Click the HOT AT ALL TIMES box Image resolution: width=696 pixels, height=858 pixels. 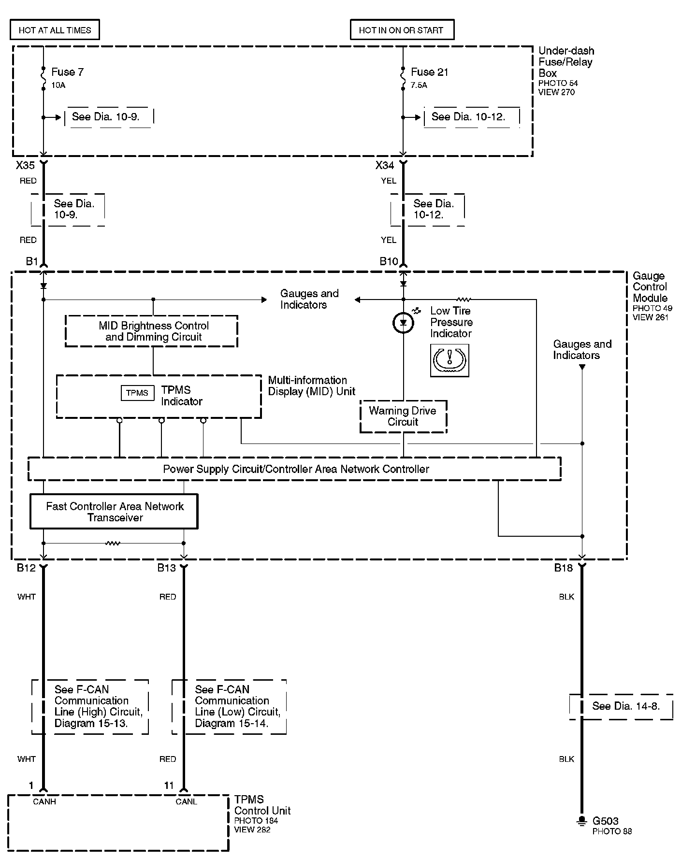tap(55, 30)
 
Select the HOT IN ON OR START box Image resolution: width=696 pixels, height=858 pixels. tap(402, 30)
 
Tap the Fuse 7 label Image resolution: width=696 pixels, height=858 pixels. tap(67, 72)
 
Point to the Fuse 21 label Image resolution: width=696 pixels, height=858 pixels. tap(429, 72)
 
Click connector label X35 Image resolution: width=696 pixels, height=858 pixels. tap(25, 166)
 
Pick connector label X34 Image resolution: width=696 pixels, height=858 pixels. tap(385, 166)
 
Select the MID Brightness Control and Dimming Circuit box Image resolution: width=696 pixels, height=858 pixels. tap(151, 331)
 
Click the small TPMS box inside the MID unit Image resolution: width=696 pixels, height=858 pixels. tap(137, 393)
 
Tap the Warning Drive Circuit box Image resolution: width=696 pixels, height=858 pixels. tap(403, 416)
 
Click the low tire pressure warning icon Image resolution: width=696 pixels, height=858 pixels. tap(449, 360)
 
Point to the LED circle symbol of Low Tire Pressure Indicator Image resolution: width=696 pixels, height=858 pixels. tap(403, 323)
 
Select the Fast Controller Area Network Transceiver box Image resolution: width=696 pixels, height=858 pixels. tap(114, 512)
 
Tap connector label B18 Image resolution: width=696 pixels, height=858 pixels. tap(563, 568)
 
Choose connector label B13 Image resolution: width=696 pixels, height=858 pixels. tap(166, 568)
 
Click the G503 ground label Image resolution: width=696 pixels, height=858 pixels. tap(605, 821)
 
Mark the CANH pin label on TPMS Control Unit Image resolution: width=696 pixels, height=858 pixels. tap(44, 801)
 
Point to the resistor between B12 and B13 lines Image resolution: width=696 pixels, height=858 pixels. tap(113, 543)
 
